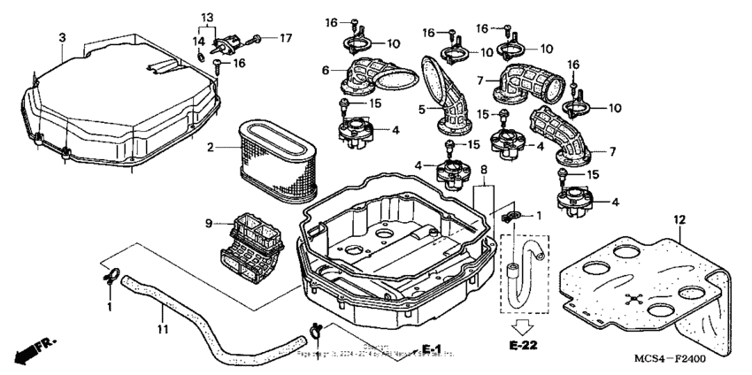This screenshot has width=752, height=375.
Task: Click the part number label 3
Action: point(62,36)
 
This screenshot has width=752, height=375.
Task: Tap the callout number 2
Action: point(211,147)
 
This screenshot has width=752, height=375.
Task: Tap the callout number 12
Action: point(679,218)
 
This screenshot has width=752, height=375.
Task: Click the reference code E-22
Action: point(525,343)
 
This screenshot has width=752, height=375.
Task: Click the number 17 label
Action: point(286,38)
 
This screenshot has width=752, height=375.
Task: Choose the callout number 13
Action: point(207,18)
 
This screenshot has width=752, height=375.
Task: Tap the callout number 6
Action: point(326,70)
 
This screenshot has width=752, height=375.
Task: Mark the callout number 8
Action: point(483,169)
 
